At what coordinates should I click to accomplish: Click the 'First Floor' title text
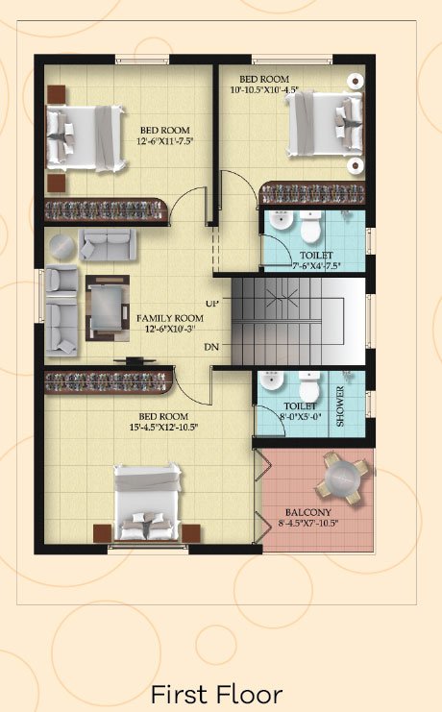tap(216, 695)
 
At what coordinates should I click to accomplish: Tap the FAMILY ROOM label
tap(170, 318)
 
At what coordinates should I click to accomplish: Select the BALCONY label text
tap(308, 512)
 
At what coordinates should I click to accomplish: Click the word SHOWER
tap(340, 405)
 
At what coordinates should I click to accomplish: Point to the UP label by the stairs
tap(211, 304)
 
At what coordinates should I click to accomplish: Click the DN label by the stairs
tap(211, 347)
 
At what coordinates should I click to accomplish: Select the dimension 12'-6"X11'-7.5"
tap(165, 141)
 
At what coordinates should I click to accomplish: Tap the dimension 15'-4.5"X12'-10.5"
tap(163, 427)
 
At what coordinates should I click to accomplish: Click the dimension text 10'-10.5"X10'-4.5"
tap(264, 90)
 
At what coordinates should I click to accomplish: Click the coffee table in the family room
tap(108, 307)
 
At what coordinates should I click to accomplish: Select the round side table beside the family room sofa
tap(62, 248)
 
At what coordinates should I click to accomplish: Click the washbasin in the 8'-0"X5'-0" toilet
tap(272, 381)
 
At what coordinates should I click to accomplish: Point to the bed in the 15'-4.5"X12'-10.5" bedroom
tap(147, 502)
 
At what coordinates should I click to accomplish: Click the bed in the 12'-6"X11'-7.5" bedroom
tap(86, 138)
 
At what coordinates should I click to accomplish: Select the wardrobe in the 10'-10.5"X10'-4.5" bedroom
tap(311, 193)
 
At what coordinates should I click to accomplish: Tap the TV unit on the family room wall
tap(135, 361)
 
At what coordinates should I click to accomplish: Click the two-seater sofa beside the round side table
tap(108, 244)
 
